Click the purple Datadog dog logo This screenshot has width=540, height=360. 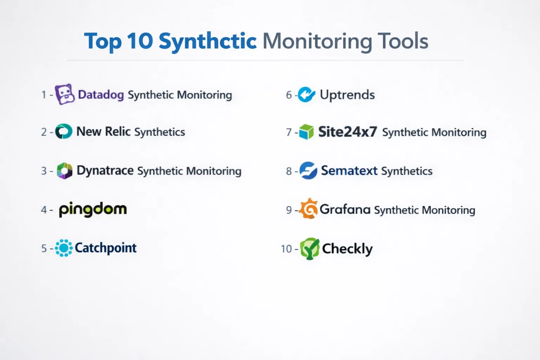coord(65,94)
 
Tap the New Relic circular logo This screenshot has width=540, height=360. coord(64,131)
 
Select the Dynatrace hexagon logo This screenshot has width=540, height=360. coord(64,171)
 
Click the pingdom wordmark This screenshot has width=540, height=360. coord(93,210)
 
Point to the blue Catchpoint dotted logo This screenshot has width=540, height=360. coord(64,248)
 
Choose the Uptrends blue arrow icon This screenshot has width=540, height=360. coord(307,94)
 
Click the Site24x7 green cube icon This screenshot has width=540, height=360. coord(306,132)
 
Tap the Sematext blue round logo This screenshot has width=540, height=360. coord(308,171)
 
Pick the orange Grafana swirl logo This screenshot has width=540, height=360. coord(308,208)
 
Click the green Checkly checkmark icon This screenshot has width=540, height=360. coord(310,249)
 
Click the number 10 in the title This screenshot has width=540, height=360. coord(140,41)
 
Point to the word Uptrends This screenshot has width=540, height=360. coord(347,95)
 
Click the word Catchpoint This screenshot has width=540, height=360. coord(105,248)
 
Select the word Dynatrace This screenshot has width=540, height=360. coord(105,171)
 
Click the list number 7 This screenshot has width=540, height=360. coord(289,133)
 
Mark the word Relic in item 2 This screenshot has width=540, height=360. coord(118,131)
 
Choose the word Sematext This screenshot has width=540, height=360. coord(349,171)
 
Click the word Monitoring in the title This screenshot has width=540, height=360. coord(317,41)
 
